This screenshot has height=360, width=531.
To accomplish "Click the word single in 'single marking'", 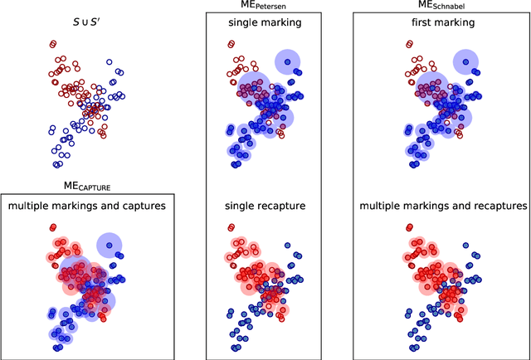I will [242, 22].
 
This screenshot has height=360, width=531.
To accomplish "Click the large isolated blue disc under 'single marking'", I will [287, 60].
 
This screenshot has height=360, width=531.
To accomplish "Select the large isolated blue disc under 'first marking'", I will [465, 60].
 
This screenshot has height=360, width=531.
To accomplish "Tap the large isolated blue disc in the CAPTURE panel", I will [109, 244].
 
